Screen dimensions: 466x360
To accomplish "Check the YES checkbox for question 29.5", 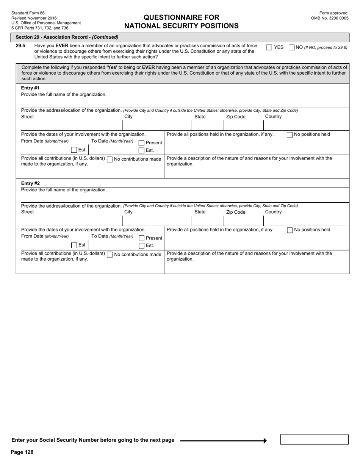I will pyautogui.click(x=269, y=47).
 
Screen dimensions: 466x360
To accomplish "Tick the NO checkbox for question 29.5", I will pyautogui.click(x=291, y=47).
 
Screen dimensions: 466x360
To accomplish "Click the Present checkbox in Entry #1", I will pyautogui.click(x=141, y=143).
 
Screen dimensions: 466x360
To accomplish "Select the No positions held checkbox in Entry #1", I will pyautogui.click(x=290, y=134).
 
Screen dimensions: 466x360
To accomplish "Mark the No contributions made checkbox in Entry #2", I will pyautogui.click(x=110, y=255).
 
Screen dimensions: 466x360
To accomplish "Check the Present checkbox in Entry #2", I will pyautogui.click(x=141, y=238).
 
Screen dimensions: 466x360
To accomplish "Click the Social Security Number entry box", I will pyautogui.click(x=314, y=439).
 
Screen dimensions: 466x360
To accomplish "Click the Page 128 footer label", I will pyautogui.click(x=22, y=452).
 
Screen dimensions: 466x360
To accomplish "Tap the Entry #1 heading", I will pyautogui.click(x=30, y=88).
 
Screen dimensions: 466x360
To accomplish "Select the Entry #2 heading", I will pyautogui.click(x=30, y=183).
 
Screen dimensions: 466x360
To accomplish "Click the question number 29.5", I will pyautogui.click(x=20, y=46).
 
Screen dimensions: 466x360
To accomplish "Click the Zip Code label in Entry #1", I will pyautogui.click(x=236, y=117).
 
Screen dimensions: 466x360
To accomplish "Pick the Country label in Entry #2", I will pyautogui.click(x=273, y=212).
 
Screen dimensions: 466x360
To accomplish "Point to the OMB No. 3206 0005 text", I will pyautogui.click(x=329, y=18).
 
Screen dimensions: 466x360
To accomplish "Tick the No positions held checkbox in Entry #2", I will pyautogui.click(x=290, y=230).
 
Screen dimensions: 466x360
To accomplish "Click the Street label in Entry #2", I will pyautogui.click(x=27, y=212).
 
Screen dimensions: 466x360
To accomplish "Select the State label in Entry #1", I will pyautogui.click(x=200, y=117).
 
